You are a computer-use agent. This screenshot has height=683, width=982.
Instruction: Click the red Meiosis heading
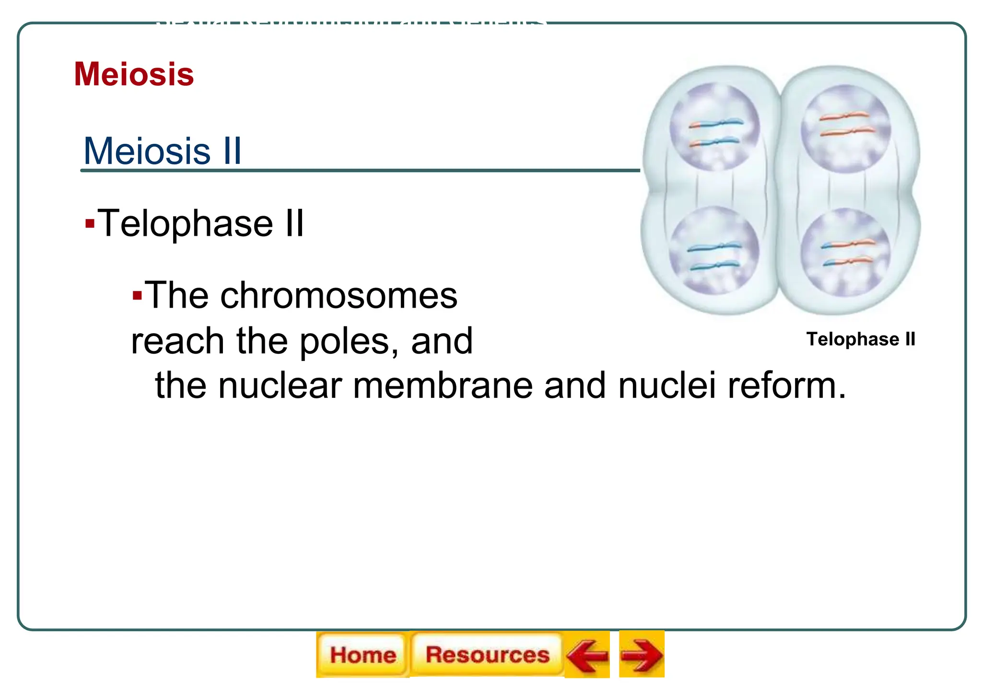[x=134, y=74]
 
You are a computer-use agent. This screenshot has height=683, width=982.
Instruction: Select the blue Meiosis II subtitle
[x=163, y=151]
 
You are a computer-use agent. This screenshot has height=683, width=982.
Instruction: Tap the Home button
[x=362, y=655]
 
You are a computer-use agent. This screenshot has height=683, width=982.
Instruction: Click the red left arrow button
[x=587, y=655]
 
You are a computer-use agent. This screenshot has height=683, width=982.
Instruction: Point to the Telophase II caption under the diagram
[x=861, y=339]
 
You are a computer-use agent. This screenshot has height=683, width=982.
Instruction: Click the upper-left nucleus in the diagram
[x=714, y=127]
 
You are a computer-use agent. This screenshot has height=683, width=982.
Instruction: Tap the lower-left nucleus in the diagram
[x=714, y=250]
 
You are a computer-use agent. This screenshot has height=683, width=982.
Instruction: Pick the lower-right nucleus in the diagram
[x=845, y=252]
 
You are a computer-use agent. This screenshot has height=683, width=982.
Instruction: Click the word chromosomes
[x=339, y=296]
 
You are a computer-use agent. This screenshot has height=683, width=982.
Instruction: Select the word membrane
[x=443, y=385]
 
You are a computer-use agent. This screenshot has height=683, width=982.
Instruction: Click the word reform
[x=787, y=385]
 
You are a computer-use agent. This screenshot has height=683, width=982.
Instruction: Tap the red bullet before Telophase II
[x=90, y=223]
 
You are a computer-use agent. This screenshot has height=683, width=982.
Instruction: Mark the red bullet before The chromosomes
[x=137, y=295]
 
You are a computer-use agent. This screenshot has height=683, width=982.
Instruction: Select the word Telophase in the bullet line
[x=185, y=223]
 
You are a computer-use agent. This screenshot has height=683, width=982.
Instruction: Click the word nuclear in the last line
[x=280, y=385]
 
